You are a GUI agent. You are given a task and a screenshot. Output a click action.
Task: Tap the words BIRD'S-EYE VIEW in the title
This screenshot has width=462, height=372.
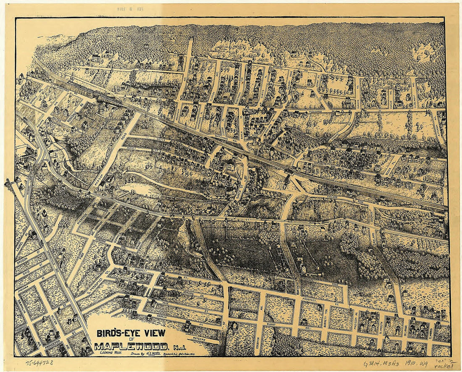click(x=131, y=334)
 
